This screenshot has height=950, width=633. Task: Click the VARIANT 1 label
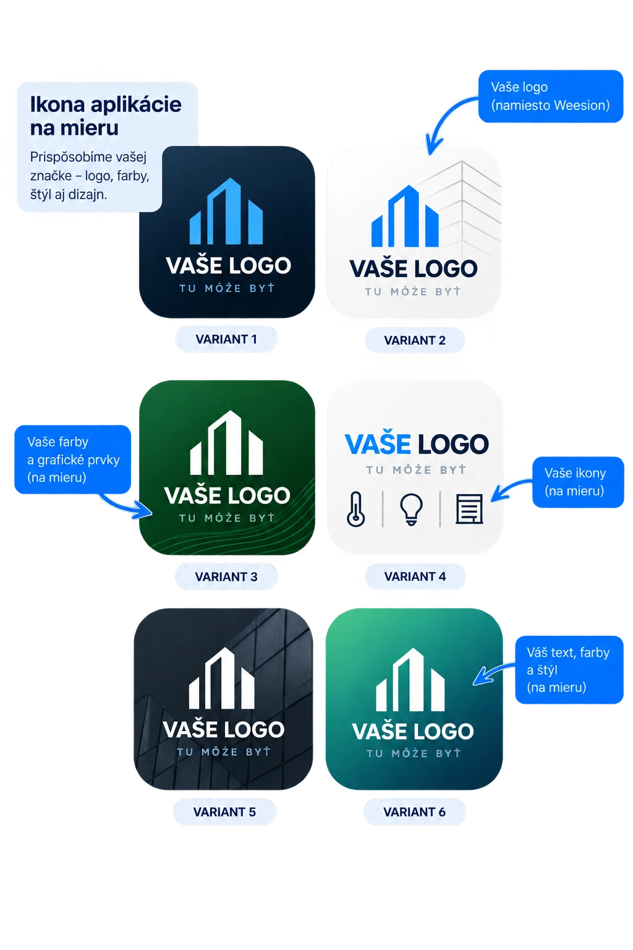point(226,340)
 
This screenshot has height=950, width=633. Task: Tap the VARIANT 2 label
point(415,340)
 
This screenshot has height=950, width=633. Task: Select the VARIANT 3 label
point(226,577)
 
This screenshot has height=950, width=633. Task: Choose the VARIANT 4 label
point(415,576)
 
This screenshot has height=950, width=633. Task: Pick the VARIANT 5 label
point(225,811)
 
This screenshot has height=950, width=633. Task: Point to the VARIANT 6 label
point(415,811)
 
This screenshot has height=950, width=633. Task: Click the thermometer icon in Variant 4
point(355,509)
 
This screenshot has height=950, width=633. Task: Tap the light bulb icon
point(411,510)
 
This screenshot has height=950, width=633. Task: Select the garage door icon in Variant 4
point(469,509)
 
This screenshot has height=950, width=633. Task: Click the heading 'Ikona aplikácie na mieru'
point(106,116)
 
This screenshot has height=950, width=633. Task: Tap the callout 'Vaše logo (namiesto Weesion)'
point(551,96)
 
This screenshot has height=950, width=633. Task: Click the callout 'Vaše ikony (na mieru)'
point(578,482)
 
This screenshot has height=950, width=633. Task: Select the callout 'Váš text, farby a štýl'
point(569,670)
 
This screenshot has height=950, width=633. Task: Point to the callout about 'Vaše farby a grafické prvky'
point(73,460)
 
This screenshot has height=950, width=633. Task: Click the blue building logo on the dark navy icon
point(226,211)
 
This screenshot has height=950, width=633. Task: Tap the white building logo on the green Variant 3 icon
point(226,442)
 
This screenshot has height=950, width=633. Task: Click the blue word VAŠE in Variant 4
point(378,443)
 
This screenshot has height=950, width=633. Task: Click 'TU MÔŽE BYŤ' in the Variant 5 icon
point(223,751)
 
